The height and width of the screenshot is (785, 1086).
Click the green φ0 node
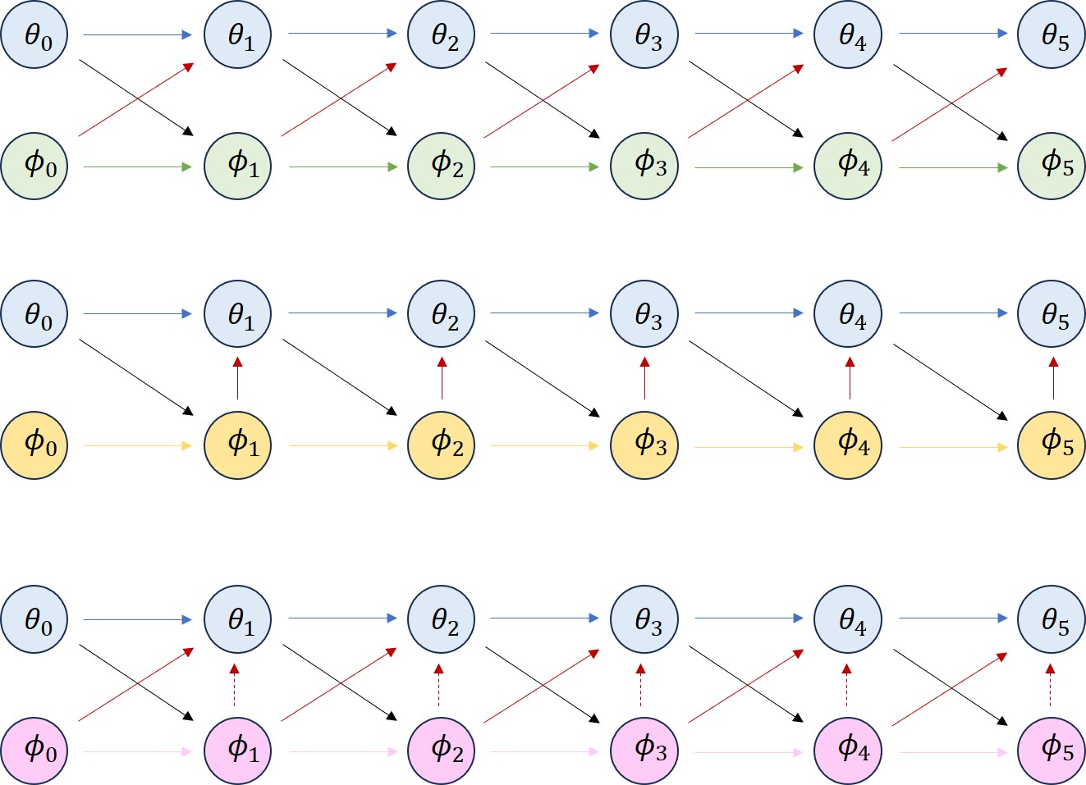pos(34,167)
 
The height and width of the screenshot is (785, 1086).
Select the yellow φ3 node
pos(644,445)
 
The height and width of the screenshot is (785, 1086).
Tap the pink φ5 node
pos(1052,751)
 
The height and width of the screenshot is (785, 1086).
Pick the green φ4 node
pos(848,167)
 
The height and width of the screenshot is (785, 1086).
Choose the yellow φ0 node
pos(34,445)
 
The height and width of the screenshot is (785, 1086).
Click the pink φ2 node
pos(442,751)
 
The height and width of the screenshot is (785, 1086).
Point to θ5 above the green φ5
pos(1052,34)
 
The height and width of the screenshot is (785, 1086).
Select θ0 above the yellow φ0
pos(34,314)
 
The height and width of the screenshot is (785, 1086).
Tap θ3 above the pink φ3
pos(644,619)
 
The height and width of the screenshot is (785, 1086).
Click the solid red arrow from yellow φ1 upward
pos(237,378)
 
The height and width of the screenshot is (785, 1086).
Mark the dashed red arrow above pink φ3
pos(641,685)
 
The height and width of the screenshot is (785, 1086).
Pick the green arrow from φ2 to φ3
pos(544,167)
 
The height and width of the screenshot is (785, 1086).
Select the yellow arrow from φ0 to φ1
pos(137,445)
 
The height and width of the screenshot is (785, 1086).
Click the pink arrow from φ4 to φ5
pos(953,752)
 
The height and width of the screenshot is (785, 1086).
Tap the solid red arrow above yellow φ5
pos(1053,378)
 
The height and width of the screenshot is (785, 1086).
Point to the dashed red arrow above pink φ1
pos(235,685)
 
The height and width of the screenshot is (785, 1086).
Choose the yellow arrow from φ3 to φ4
pos(749,447)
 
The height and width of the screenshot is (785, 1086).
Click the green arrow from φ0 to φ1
pos(137,167)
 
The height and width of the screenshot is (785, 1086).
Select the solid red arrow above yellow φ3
pos(644,378)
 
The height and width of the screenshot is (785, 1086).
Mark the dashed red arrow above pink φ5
pos(1050,685)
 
